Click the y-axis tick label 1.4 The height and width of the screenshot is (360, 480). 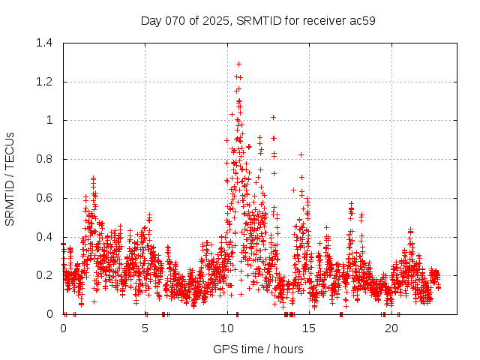pos(46,43)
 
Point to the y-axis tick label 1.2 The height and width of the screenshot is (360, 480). pos(46,82)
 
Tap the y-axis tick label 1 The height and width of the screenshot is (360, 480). pos(51,120)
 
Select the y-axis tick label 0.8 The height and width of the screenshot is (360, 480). pos(46,159)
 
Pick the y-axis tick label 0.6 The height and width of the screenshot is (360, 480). pos(46,198)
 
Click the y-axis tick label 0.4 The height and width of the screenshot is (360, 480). pos(46,237)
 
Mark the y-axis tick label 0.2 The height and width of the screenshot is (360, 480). pos(46,275)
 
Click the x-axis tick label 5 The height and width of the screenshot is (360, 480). pos(145,328)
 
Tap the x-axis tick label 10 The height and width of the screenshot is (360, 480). pos(227,328)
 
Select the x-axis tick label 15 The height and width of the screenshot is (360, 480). pos(309,328)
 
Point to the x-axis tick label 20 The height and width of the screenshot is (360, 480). pos(391,328)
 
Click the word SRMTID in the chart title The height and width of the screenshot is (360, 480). pos(256,20)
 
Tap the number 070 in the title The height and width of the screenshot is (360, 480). pos(175,20)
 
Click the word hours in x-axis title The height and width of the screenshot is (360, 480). pos(288,349)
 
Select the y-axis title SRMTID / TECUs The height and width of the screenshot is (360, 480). pos(10,178)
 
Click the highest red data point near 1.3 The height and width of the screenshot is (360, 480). pos(238,64)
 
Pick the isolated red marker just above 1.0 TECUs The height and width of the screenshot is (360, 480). pos(273,117)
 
